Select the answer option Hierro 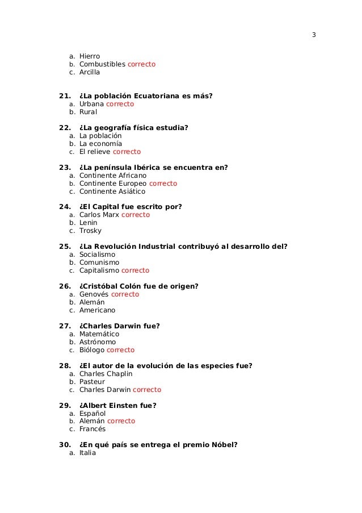[x=90, y=56]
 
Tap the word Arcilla [x=90, y=72]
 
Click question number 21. [x=61, y=96]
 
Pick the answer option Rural [x=89, y=112]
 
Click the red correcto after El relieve [x=127, y=152]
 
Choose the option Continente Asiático [x=112, y=191]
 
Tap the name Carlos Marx [x=99, y=215]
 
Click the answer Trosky [x=90, y=231]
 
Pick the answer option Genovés [x=94, y=294]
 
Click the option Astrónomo [x=98, y=342]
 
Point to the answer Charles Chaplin [x=106, y=374]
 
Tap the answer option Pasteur [x=92, y=382]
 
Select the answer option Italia [x=87, y=453]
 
